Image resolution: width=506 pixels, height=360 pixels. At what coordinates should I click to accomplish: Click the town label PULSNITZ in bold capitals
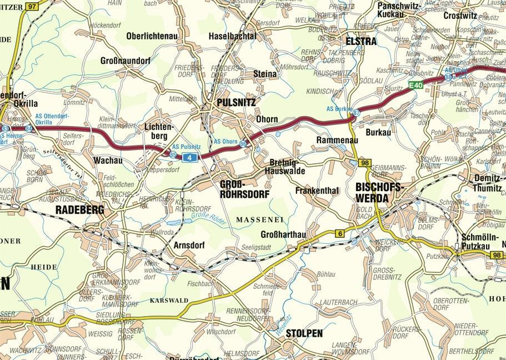(237, 103)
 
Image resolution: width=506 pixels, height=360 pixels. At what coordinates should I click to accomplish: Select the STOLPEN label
(304, 333)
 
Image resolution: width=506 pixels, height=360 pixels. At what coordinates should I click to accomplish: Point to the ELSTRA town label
(360, 41)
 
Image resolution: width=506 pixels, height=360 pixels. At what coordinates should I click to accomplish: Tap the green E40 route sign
(416, 85)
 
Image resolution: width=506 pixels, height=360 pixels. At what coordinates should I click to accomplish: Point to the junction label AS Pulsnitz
(186, 146)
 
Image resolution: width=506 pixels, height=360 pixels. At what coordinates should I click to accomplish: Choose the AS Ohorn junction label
(226, 141)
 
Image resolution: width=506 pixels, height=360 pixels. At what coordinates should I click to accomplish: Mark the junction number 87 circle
(356, 113)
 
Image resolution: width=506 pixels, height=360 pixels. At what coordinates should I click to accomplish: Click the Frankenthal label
(317, 191)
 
